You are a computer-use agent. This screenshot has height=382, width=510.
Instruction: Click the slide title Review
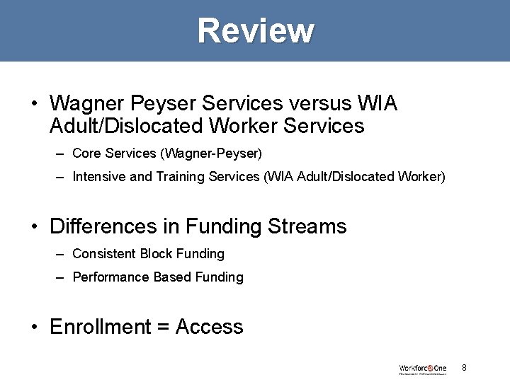point(255,30)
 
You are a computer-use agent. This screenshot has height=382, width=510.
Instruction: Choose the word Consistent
point(104,253)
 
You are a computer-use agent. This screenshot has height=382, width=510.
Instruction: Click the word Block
point(155,253)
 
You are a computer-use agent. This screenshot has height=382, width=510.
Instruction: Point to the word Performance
point(111,277)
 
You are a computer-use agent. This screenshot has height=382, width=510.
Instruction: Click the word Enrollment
point(101,327)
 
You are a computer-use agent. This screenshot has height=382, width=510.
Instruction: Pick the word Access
point(209,327)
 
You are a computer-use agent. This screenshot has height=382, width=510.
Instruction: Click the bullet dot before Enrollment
point(34,328)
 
